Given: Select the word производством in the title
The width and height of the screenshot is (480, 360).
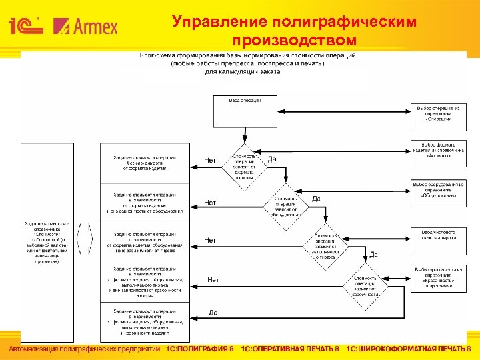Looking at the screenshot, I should coord(294,41).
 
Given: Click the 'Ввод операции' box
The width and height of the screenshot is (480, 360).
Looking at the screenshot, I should coord(245,111).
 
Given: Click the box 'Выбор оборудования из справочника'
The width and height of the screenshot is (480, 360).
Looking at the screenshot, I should coord(437,190).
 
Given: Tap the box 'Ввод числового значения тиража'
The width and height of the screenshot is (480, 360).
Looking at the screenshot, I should coord(437,234).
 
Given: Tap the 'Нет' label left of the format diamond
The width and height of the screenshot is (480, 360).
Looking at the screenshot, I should coord(209,160).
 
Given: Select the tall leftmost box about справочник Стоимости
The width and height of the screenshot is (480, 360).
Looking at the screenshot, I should coord(47,243).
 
